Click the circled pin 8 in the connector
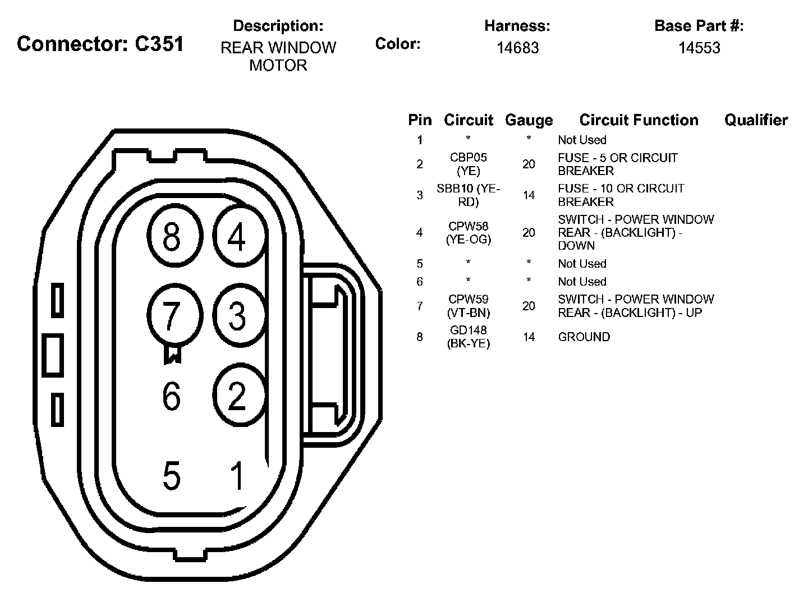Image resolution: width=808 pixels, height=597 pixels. tap(172, 236)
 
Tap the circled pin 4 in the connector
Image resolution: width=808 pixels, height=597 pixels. tap(238, 236)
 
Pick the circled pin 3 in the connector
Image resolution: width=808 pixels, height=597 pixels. tap(238, 315)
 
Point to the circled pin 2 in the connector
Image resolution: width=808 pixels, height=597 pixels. tap(238, 395)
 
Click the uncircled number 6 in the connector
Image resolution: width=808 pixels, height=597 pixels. tap(172, 396)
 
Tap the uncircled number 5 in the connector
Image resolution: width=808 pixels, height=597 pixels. tap(172, 476)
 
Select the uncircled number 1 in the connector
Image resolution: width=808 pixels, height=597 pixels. tap(238, 476)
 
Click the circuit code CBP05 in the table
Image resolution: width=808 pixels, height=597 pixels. tap(468, 158)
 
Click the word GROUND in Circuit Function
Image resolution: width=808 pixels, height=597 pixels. tap(584, 337)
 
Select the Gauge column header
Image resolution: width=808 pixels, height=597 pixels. tap(529, 120)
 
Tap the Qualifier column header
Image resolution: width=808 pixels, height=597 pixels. tap(756, 120)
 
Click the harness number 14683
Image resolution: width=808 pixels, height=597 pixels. tap(517, 48)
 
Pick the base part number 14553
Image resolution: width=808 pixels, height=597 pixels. tap(699, 48)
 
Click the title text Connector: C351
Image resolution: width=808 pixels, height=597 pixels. tap(100, 44)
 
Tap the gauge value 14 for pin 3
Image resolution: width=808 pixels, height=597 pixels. tap(529, 195)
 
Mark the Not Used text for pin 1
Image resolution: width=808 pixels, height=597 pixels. tap(582, 140)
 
